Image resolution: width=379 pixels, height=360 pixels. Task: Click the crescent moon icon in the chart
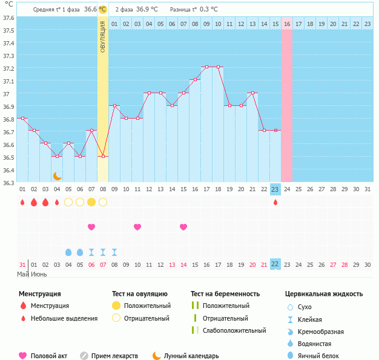(x=57, y=175)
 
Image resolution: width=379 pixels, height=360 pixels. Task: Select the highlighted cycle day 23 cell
(x=275, y=189)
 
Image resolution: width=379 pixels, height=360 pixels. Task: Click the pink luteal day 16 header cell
(x=287, y=24)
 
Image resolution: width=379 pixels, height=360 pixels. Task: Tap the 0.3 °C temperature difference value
(x=209, y=9)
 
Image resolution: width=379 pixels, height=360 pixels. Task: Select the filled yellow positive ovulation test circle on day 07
(x=91, y=202)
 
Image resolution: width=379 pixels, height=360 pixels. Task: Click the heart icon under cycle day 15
(x=183, y=227)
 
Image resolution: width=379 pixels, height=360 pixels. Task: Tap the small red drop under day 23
(x=275, y=202)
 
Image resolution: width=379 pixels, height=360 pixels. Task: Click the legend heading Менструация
(x=39, y=294)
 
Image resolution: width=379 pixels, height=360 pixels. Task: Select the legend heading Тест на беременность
(x=225, y=294)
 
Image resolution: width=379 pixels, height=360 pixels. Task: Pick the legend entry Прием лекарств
(x=114, y=356)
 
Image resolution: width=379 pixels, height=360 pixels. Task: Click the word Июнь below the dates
(x=39, y=275)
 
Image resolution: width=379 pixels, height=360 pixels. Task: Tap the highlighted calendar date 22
(x=275, y=264)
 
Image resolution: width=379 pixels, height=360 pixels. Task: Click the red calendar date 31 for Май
(x=22, y=264)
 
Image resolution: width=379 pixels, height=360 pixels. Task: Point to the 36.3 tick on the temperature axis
(x=8, y=183)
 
